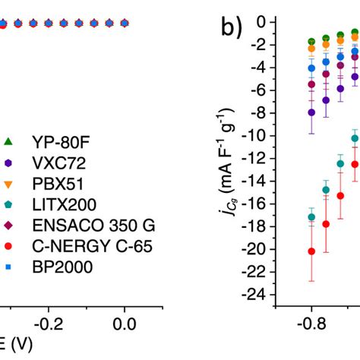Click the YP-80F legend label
point(58,141)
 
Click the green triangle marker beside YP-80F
point(8,141)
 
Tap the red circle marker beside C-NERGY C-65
point(8,247)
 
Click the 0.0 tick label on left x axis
point(125,322)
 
